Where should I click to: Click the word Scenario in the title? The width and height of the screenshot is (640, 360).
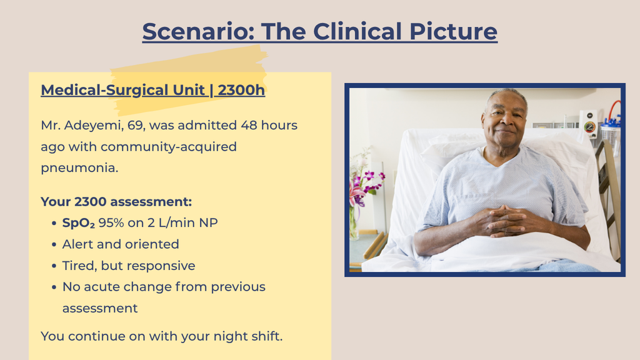tap(198, 31)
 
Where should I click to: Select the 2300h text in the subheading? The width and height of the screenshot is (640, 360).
tap(241, 90)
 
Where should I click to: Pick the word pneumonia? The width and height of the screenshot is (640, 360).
tap(79, 167)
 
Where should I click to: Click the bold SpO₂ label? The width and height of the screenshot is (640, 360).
tap(78, 223)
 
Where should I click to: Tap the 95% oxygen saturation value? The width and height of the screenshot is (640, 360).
tap(111, 223)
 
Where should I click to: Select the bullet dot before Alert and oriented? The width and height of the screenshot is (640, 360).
tap(54, 244)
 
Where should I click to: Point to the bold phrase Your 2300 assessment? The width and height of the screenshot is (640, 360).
tap(116, 202)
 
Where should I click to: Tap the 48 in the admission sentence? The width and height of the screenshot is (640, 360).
tap(249, 125)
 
